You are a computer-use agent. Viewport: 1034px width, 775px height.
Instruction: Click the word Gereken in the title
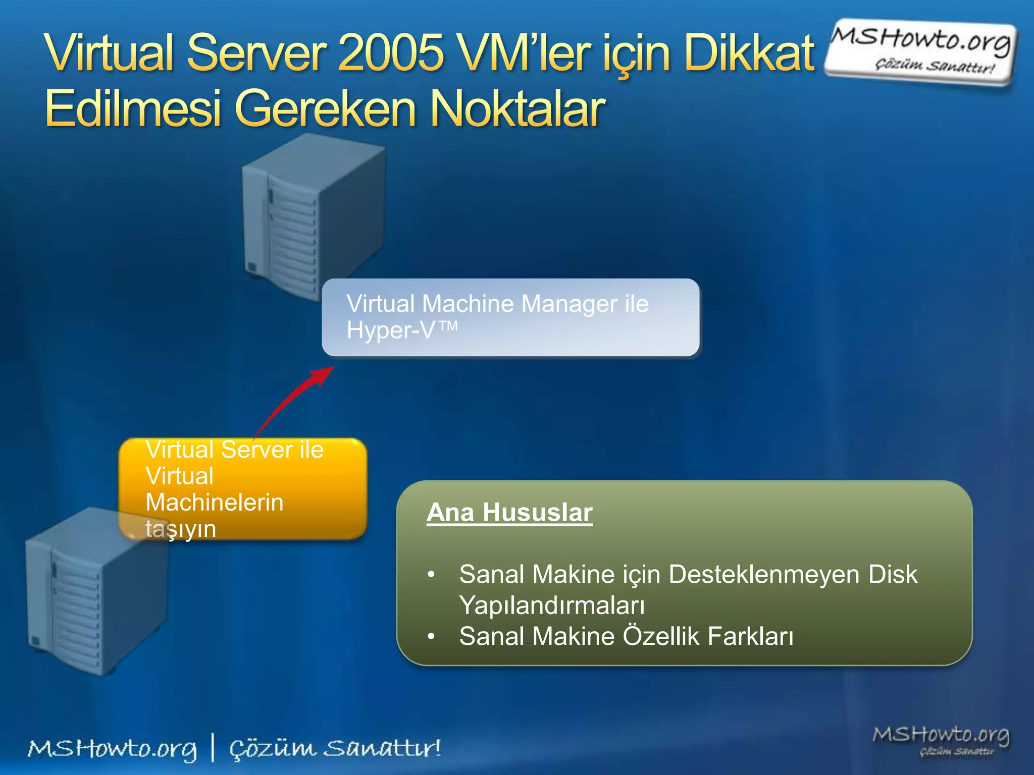tap(325, 108)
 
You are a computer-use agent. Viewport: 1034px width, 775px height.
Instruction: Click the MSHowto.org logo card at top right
tap(920, 51)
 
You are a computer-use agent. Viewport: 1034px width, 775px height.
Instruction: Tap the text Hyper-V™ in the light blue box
tap(402, 330)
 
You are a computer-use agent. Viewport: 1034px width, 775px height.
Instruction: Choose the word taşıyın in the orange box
tap(181, 529)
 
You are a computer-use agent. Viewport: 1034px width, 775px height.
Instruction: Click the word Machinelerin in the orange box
tap(215, 503)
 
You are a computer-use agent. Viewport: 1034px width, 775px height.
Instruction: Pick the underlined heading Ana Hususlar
tap(509, 513)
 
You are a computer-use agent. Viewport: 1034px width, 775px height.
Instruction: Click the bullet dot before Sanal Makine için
tap(431, 575)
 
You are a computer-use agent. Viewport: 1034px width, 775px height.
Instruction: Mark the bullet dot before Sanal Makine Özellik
tap(431, 637)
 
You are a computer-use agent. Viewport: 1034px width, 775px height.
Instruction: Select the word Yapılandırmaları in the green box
tap(552, 605)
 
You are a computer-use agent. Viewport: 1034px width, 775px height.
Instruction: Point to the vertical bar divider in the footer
tap(213, 748)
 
